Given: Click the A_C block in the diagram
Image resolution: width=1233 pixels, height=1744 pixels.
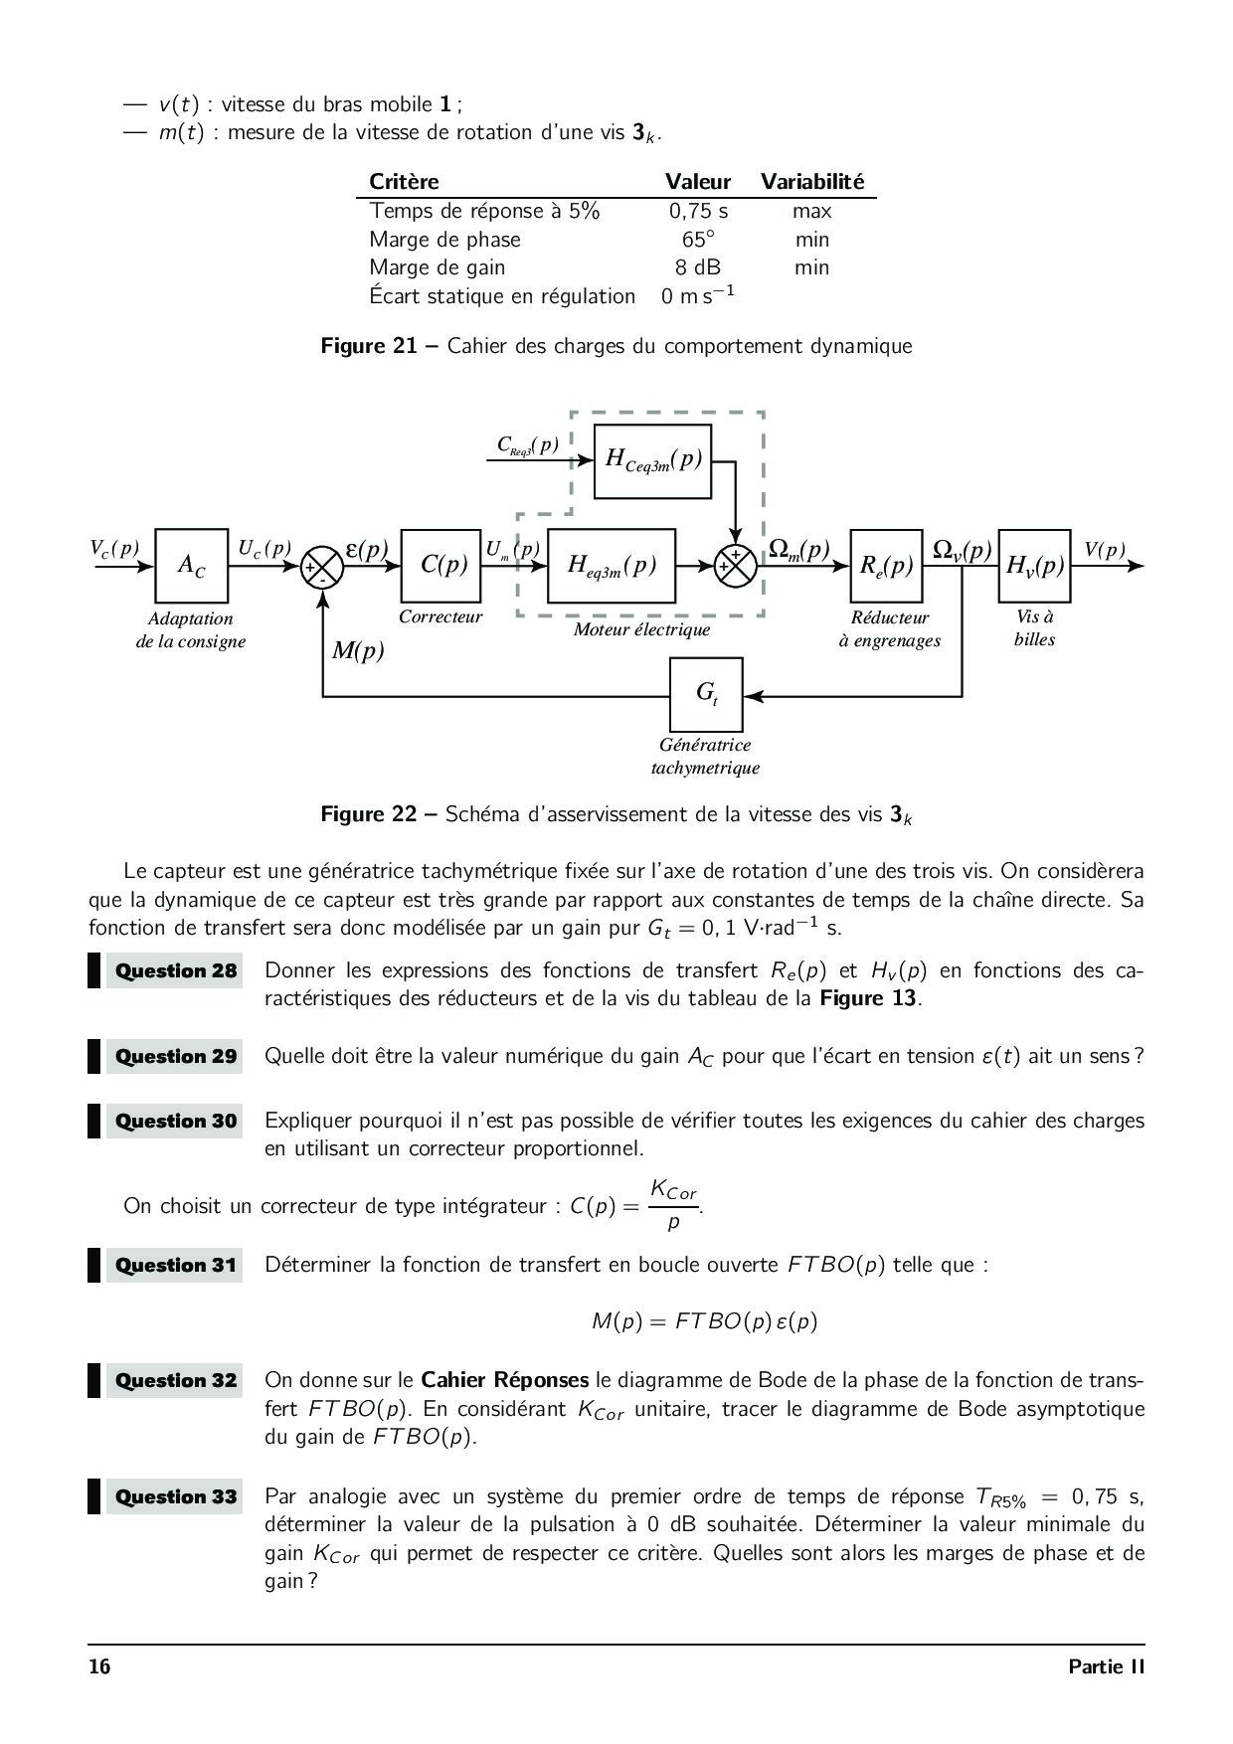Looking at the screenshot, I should click(192, 566).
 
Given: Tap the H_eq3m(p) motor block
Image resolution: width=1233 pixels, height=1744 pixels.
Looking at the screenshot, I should click(611, 566).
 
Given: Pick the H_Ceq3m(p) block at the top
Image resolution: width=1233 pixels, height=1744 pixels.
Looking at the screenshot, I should click(652, 460).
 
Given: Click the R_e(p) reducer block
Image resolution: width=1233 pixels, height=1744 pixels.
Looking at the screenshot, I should click(886, 566).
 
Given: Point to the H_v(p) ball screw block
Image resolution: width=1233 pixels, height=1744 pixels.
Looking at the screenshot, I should click(1034, 566).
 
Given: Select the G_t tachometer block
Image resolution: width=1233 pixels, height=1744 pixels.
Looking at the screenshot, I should click(706, 694).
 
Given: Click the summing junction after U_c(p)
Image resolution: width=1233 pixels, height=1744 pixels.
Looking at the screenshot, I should click(321, 567).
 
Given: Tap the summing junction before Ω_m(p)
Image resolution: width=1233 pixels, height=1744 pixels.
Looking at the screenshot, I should click(736, 567).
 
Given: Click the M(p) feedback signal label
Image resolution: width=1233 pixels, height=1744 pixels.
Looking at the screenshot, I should click(358, 652).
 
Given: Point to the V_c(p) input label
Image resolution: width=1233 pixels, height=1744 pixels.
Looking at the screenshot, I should click(114, 549).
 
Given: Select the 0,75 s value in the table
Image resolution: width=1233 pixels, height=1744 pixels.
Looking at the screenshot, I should click(698, 211).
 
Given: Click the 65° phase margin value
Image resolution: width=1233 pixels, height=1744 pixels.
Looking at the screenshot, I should click(698, 240).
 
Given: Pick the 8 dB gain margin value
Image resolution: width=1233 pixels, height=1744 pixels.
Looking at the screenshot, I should click(698, 267).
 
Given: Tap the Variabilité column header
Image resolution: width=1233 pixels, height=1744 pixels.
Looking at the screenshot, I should click(812, 182).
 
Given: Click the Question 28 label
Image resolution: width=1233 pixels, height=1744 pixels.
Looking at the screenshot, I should click(176, 971).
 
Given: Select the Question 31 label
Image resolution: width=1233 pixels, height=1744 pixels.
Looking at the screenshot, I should click(176, 1266).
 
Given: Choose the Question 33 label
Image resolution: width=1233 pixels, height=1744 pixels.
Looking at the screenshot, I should click(176, 1496).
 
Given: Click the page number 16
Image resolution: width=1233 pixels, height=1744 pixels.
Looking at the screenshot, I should click(99, 1666).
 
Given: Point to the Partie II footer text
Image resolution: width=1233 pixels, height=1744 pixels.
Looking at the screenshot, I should click(1106, 1666).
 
